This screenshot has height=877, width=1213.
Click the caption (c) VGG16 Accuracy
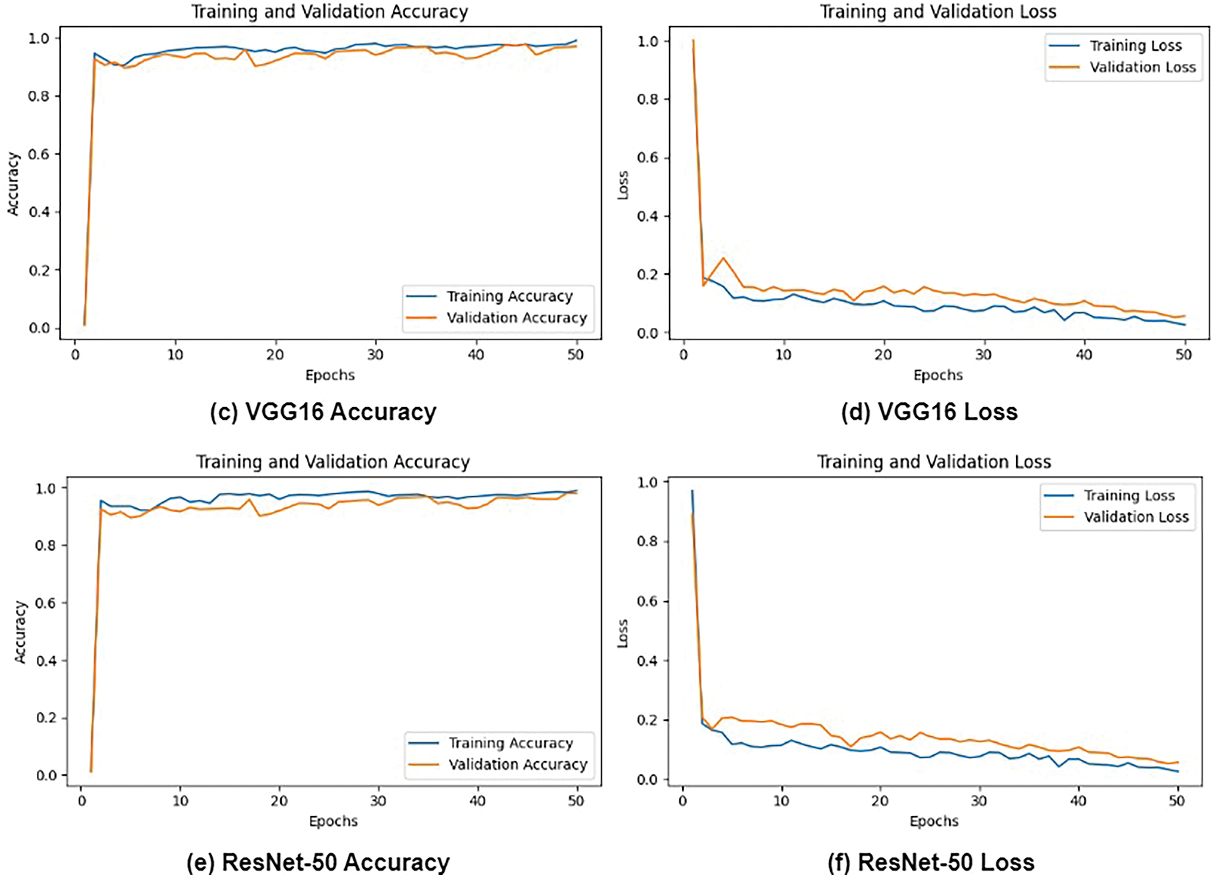click(323, 412)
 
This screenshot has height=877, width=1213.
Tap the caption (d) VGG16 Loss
click(929, 412)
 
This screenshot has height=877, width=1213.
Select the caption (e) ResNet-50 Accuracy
click(318, 862)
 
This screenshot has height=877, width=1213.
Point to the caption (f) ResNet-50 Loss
click(930, 862)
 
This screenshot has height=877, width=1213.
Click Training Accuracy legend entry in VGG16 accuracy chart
click(509, 296)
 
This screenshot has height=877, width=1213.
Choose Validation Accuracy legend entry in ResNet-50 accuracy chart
click(517, 765)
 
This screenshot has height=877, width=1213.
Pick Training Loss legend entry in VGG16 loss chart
click(1135, 46)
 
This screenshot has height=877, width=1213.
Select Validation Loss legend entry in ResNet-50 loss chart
click(1136, 517)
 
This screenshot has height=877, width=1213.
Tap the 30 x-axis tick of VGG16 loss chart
click(983, 355)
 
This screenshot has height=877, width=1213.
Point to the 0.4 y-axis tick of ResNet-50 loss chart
click(648, 661)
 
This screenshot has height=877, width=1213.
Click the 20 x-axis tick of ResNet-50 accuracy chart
click(279, 801)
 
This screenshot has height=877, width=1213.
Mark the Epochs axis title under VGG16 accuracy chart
click(330, 375)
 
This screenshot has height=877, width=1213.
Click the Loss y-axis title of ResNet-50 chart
click(623, 634)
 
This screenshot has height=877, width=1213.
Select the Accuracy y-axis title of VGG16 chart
click(13, 184)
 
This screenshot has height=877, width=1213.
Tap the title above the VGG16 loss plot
click(938, 12)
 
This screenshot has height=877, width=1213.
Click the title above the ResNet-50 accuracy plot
click(333, 462)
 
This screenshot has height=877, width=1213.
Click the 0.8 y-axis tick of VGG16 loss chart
click(648, 99)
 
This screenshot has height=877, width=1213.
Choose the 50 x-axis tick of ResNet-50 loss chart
click(1177, 801)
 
